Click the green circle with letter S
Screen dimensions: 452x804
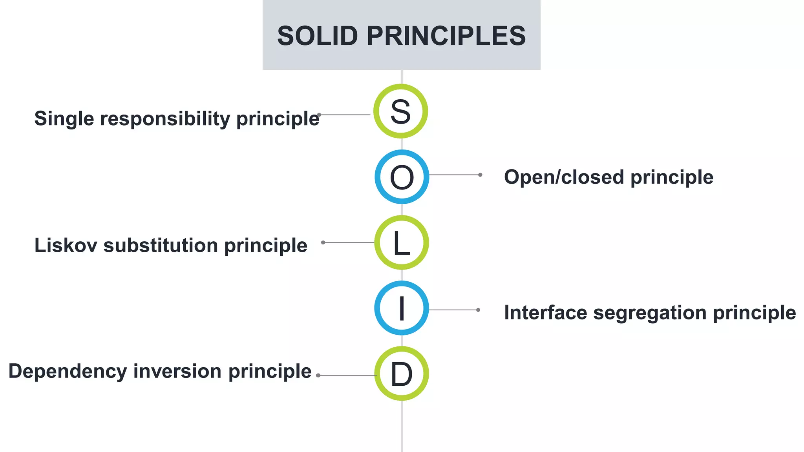coord(400,111)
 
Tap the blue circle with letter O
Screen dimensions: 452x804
coord(402,177)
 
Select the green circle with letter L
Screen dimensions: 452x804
coord(401,242)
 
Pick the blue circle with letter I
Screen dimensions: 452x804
coord(401,308)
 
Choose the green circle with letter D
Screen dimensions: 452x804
coord(401,374)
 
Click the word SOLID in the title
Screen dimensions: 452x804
coord(317,36)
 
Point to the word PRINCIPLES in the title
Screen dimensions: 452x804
coord(446,36)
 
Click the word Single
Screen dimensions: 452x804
coord(64,118)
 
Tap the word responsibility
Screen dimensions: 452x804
coord(165,118)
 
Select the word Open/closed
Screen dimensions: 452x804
coord(564,177)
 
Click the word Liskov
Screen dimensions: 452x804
coord(66,245)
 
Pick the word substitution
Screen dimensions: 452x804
coord(161,245)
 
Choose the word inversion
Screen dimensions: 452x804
coord(177,371)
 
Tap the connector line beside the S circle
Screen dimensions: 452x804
coord(345,115)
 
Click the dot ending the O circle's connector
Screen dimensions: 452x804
coord(480,175)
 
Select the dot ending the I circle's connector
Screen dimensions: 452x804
coord(478,310)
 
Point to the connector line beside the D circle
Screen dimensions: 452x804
coord(347,375)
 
